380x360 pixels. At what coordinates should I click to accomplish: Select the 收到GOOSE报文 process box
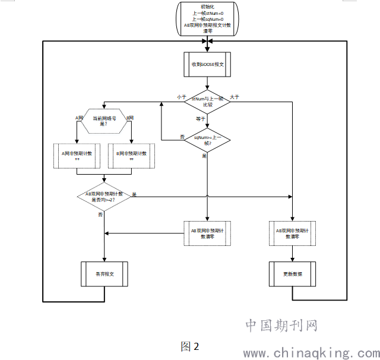207,64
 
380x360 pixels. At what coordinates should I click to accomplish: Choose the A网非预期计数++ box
77,157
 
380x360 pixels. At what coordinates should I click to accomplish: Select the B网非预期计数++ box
131,157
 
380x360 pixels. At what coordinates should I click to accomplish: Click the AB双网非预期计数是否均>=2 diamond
104,197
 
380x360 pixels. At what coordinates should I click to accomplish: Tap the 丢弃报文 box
104,274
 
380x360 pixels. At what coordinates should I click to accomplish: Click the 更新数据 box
292,274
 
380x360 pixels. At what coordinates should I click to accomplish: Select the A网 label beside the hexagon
80,118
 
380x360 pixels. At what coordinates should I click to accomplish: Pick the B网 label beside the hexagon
129,118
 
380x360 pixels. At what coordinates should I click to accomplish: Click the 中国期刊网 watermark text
281,326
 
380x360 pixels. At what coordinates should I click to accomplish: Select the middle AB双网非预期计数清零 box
207,233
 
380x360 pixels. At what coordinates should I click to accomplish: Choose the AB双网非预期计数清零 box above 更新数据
292,233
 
